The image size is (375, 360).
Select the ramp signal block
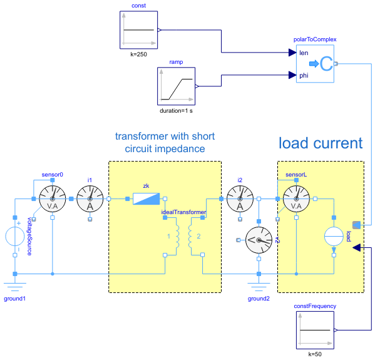[x=177, y=86]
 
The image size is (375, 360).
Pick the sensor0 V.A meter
[x=52, y=199]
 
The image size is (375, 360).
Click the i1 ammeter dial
[x=90, y=199]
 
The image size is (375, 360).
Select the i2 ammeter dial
[x=239, y=199]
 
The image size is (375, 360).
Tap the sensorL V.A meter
[x=296, y=199]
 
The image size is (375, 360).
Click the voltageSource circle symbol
[x=15, y=237]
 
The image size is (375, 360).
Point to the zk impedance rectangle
[x=146, y=199]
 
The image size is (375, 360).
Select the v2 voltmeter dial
[x=259, y=239]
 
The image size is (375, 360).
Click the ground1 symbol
[x=15, y=287]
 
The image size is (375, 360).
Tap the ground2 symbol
[x=259, y=287]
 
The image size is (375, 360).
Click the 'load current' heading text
[x=321, y=143]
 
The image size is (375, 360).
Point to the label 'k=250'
[x=138, y=55]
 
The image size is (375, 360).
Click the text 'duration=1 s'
[x=177, y=111]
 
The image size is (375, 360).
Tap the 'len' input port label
[x=304, y=53]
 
